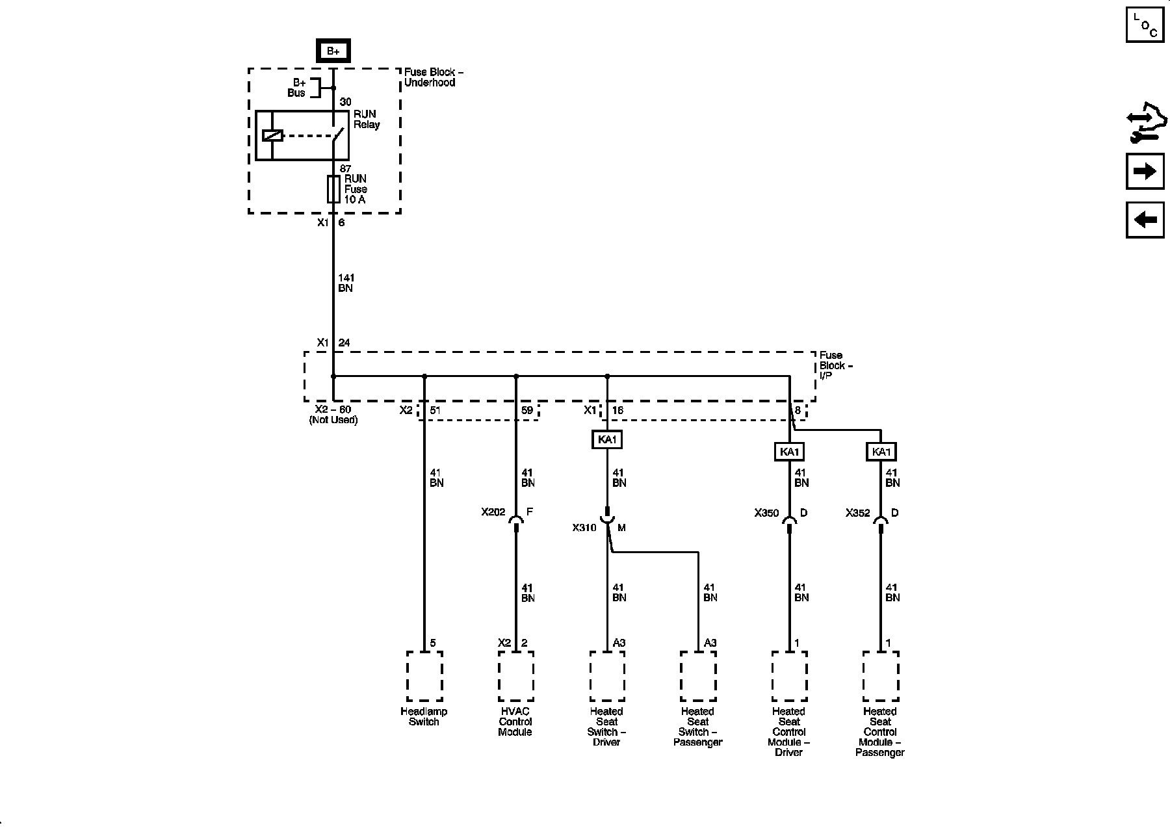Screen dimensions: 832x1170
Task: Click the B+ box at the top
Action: [x=333, y=51]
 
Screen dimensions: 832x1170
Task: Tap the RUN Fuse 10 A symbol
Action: [x=333, y=188]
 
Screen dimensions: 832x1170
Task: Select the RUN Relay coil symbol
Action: [x=272, y=136]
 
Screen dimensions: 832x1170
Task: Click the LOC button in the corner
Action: [x=1145, y=25]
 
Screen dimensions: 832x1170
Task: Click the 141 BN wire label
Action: [x=345, y=283]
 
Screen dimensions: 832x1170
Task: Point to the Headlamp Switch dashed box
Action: [x=424, y=677]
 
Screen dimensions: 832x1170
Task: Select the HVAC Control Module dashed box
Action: [x=516, y=677]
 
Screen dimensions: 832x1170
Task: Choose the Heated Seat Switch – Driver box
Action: [x=607, y=677]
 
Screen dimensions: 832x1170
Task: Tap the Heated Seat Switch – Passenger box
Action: [x=698, y=677]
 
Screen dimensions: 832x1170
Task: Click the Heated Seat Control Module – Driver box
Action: [x=790, y=677]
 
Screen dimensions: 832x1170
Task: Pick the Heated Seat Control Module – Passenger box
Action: [x=881, y=677]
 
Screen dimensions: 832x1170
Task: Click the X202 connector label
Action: [x=493, y=512]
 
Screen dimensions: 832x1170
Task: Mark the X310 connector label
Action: [x=584, y=528]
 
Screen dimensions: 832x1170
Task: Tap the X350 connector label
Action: [x=766, y=513]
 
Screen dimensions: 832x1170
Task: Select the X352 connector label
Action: [x=857, y=513]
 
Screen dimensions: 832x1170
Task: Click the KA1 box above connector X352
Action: [x=881, y=452]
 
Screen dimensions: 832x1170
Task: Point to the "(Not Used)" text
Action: [x=333, y=420]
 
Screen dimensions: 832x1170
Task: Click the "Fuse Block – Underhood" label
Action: [x=434, y=77]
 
